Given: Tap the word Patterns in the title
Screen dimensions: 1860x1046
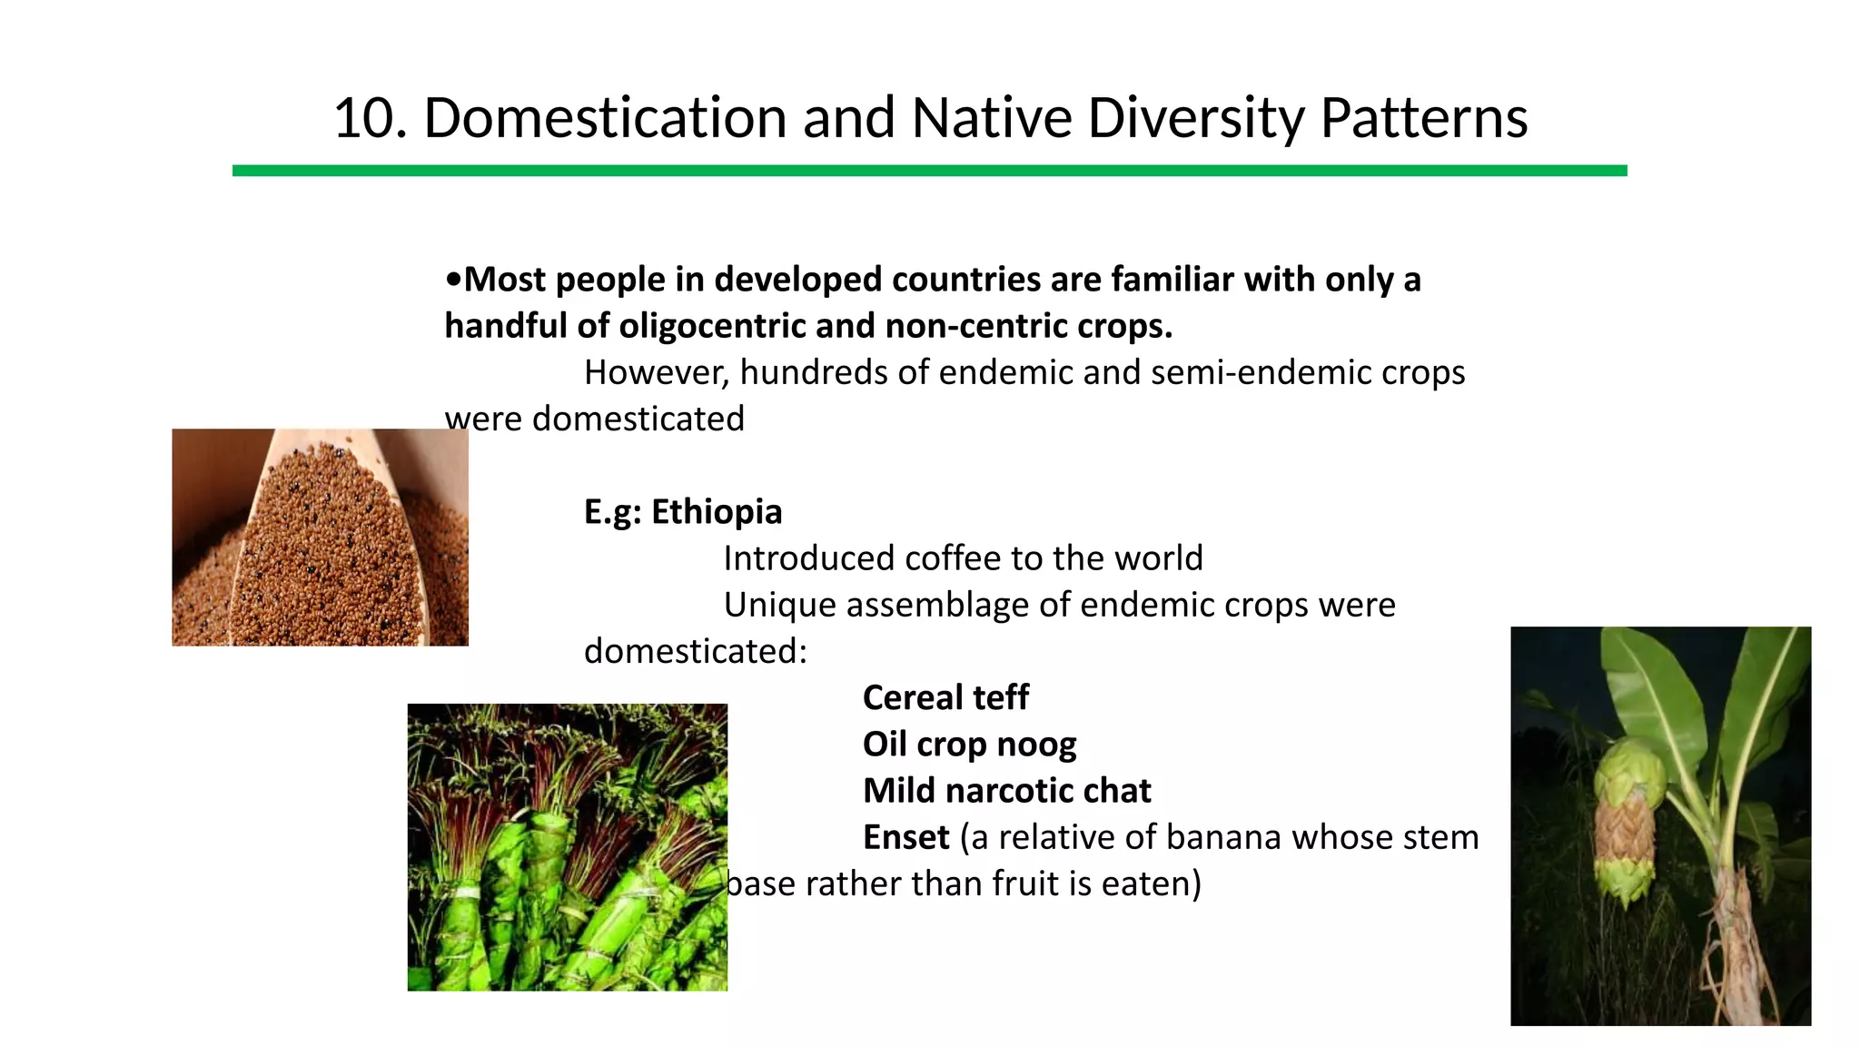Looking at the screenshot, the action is point(1423,118).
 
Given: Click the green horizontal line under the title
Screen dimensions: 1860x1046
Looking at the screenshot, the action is point(929,171).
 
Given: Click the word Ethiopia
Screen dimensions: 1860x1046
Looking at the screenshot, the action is point(717,512).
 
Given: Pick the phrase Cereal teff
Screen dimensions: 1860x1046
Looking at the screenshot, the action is point(945,698).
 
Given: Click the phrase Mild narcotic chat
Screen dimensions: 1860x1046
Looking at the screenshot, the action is point(1006,791).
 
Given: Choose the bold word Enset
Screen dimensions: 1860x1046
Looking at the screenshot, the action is point(905,837).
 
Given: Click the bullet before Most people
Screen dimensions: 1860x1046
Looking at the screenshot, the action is point(453,280).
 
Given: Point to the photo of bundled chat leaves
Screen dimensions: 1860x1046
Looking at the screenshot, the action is point(567,846).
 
